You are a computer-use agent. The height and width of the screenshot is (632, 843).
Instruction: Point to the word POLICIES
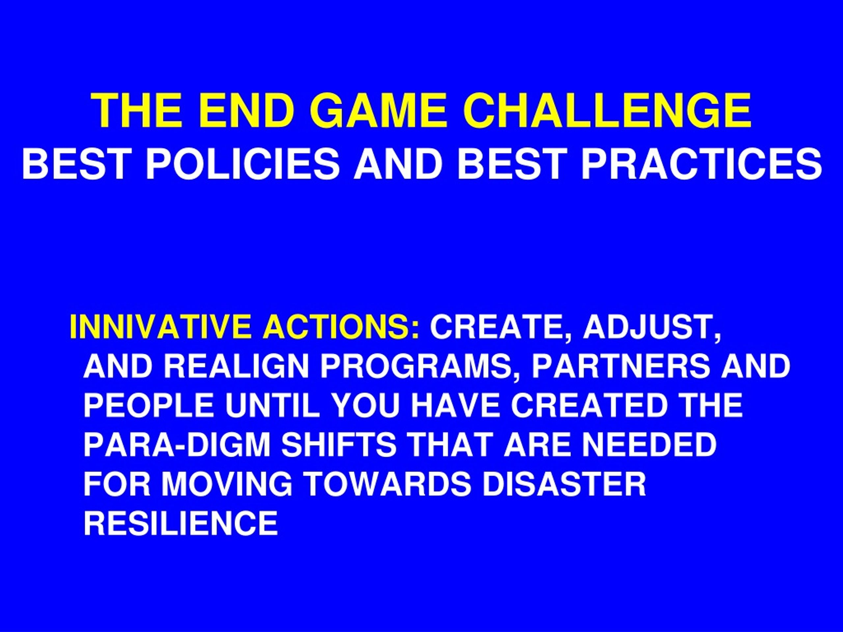tap(242, 164)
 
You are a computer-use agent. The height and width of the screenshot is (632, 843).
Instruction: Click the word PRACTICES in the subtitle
tap(701, 164)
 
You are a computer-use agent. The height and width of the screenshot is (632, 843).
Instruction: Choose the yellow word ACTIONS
tap(341, 327)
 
